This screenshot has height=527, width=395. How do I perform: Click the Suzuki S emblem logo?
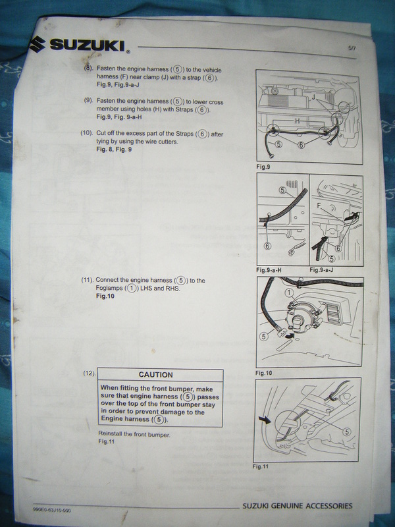tap(37, 43)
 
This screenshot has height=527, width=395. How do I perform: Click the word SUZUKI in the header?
tap(88, 45)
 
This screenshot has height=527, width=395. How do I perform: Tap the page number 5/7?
tap(352, 48)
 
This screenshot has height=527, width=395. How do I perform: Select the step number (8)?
tap(88, 67)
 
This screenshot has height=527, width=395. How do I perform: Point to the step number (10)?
tap(87, 133)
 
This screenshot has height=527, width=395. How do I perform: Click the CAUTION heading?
tap(155, 375)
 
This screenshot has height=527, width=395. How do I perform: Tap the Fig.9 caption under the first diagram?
tap(263, 167)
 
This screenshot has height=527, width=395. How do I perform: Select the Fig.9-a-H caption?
tap(269, 270)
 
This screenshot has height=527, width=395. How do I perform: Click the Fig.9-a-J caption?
tap(321, 270)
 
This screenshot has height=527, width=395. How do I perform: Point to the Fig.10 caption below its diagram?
tap(264, 373)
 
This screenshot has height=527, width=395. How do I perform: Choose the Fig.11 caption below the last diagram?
tap(261, 466)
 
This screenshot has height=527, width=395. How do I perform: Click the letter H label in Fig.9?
tap(298, 121)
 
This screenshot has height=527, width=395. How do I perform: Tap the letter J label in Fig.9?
tap(313, 97)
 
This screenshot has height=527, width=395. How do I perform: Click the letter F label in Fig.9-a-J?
tap(319, 206)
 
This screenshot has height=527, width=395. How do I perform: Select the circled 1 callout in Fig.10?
tap(289, 293)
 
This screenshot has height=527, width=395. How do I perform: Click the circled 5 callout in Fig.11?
tap(347, 432)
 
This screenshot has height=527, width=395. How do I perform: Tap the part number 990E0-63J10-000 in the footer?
tap(52, 510)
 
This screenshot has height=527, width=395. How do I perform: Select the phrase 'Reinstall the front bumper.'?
tap(134, 434)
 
